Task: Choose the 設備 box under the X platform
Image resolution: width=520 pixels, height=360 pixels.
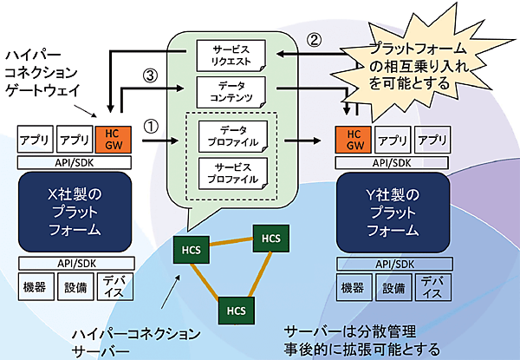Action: tap(73, 287)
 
